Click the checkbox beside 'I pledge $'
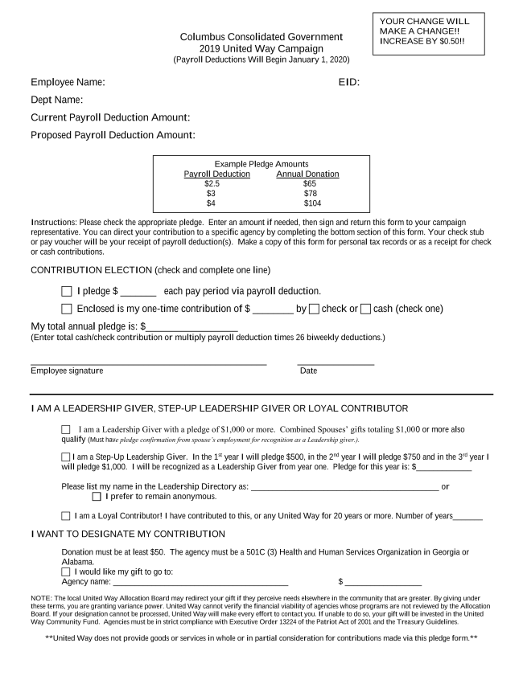[66, 291]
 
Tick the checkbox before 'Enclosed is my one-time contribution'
[66, 309]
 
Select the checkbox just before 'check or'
[314, 309]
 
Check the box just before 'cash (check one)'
[365, 309]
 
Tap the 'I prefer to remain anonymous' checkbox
[97, 496]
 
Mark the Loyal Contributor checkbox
[66, 516]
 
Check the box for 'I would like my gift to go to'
[66, 572]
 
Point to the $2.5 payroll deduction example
[212, 184]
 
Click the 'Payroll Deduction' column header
[216, 174]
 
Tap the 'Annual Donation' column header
[307, 174]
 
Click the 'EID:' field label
[348, 82]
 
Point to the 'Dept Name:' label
[57, 100]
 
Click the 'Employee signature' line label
[67, 371]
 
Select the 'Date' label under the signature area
[308, 371]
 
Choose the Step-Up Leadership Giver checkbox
[66, 457]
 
